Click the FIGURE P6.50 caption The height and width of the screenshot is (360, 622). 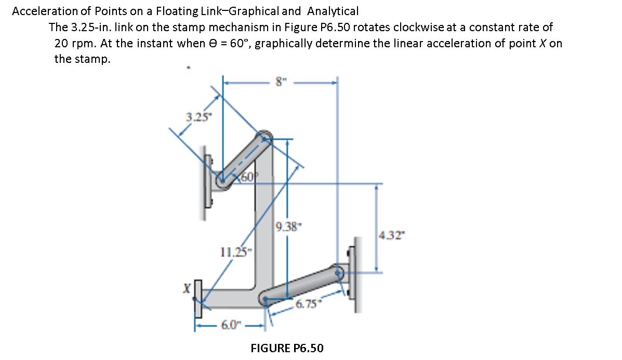tap(287, 348)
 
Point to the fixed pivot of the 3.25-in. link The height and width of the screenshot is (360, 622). tap(222, 182)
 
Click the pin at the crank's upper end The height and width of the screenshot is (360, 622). tap(264, 137)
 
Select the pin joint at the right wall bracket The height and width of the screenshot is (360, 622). tap(340, 271)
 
